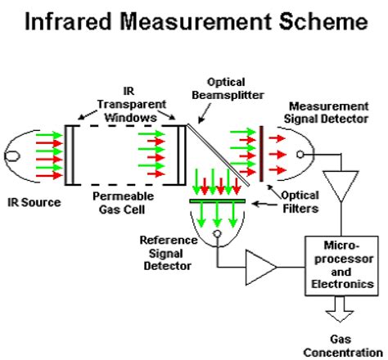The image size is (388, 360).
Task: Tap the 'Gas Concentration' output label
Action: coord(345,346)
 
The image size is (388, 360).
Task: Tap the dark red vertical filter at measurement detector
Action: coord(260,152)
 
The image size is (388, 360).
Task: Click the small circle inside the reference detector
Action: coord(217,234)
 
